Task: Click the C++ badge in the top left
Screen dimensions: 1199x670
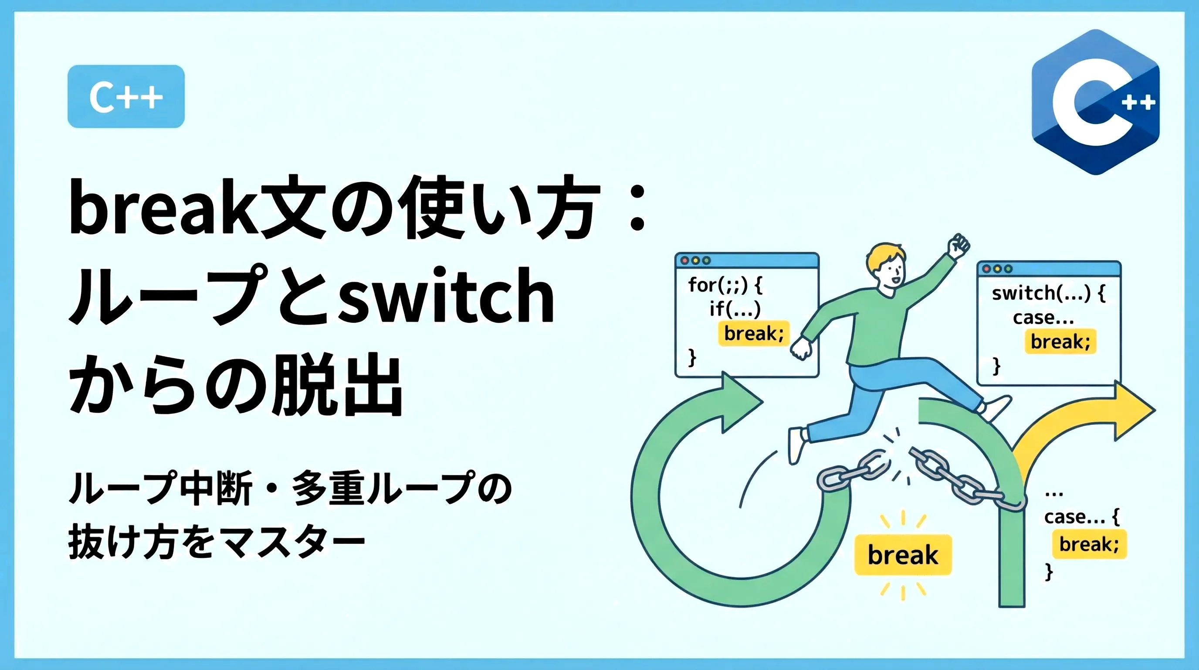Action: (126, 96)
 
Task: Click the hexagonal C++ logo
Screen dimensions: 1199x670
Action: (1095, 102)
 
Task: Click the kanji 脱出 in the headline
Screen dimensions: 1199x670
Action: (337, 384)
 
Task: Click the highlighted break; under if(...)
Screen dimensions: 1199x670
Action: (754, 333)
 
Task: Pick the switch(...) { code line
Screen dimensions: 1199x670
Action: (1049, 293)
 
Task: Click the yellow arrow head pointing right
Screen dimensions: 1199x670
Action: (1133, 410)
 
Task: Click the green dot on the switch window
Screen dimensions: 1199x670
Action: (1008, 269)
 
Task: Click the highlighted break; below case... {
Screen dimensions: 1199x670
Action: (1089, 544)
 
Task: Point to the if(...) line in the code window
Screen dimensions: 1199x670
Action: (735, 308)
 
